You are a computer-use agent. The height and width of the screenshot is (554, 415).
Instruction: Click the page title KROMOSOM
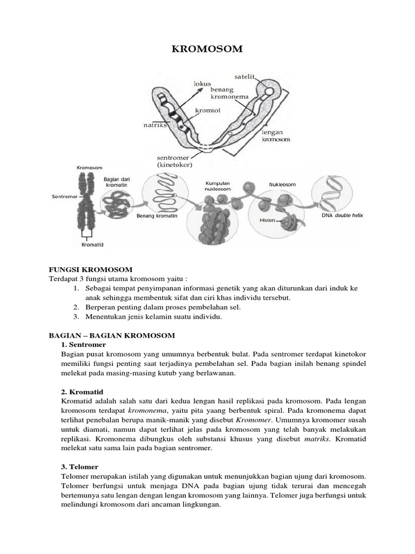(207, 50)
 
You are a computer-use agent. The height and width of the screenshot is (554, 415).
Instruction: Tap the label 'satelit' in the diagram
(245, 76)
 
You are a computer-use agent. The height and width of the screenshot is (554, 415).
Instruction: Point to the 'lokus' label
(202, 84)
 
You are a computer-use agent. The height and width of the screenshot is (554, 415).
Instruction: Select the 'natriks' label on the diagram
(154, 126)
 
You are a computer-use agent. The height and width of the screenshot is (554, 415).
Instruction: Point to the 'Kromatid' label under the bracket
(92, 245)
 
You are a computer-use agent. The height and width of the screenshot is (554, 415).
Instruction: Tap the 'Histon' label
(267, 221)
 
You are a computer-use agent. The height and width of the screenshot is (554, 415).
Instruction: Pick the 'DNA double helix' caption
(343, 215)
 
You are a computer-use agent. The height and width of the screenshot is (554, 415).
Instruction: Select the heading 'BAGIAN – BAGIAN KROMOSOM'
(112, 335)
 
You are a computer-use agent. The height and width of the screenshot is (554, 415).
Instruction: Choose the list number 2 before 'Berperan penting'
(77, 307)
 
